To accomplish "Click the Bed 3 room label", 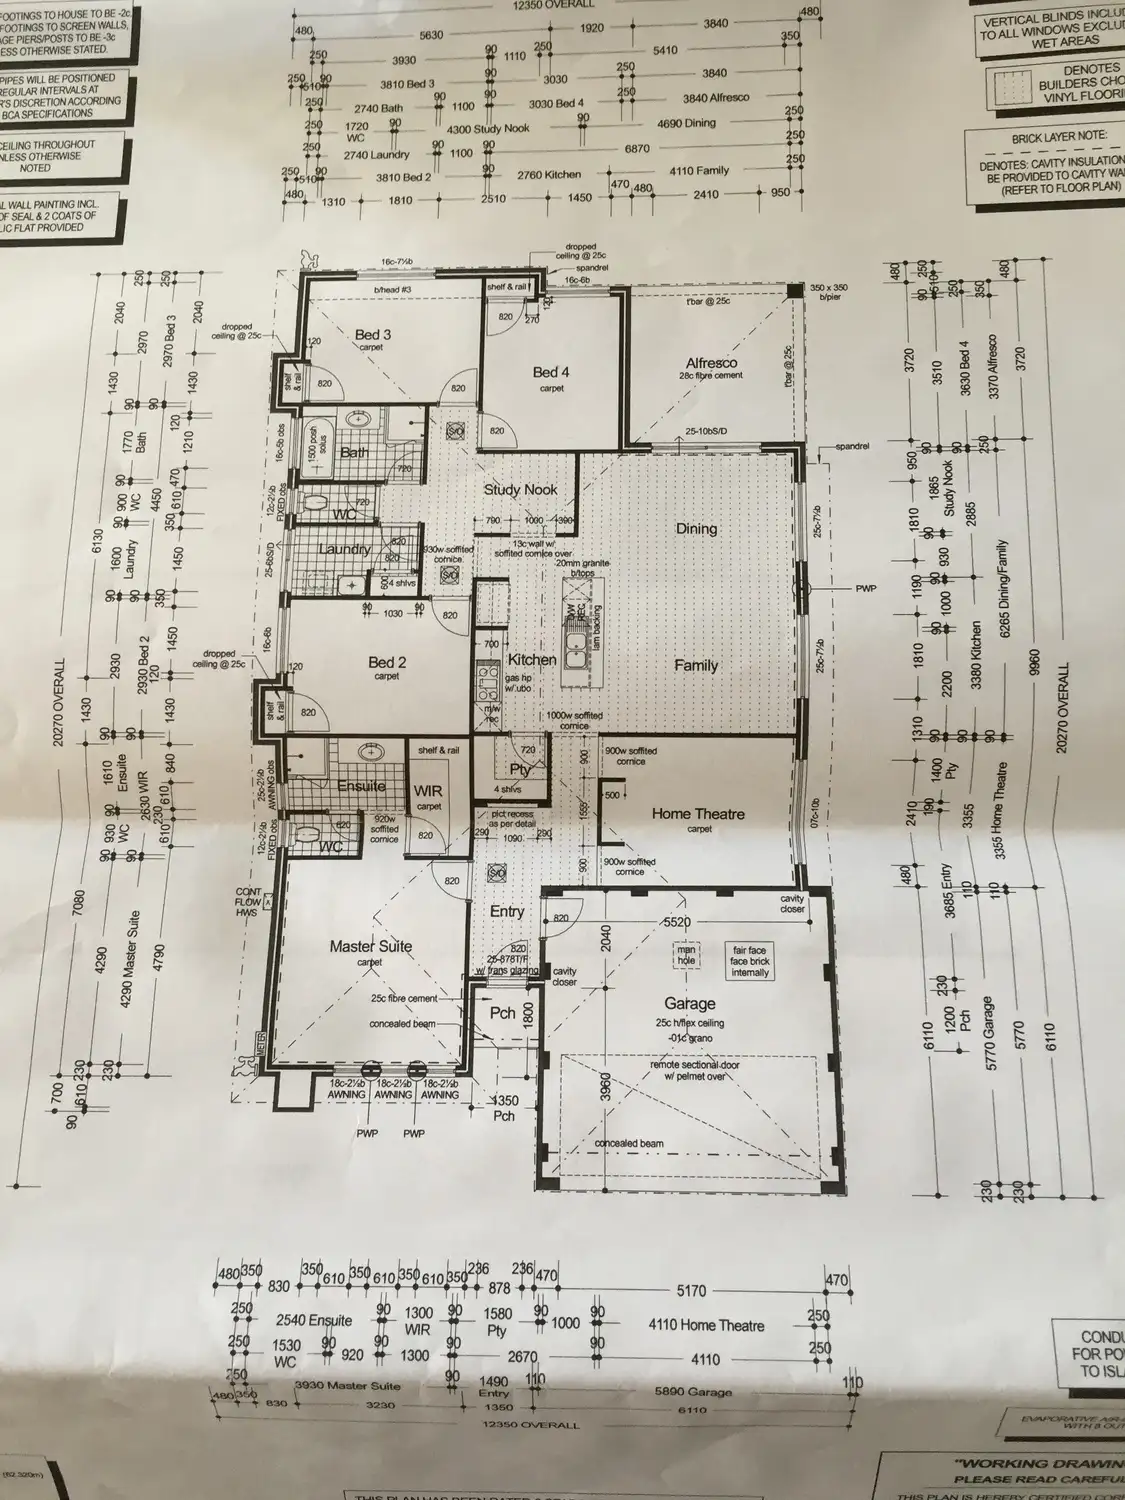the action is (373, 334).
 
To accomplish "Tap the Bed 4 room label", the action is (551, 372).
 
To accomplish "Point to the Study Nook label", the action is (520, 490).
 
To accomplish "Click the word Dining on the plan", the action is (696, 528).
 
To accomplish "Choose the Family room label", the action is (696, 665).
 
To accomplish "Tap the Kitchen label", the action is (531, 660).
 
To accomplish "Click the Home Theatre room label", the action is (698, 814).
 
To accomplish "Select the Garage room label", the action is (690, 1003).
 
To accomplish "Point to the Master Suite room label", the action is (371, 946).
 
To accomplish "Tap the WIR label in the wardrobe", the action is (428, 791).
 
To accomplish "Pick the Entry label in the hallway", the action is (507, 912).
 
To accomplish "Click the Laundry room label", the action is (344, 549).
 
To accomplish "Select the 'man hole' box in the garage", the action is (686, 955).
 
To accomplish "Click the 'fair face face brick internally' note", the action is (750, 961).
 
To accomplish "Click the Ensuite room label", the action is (361, 786).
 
